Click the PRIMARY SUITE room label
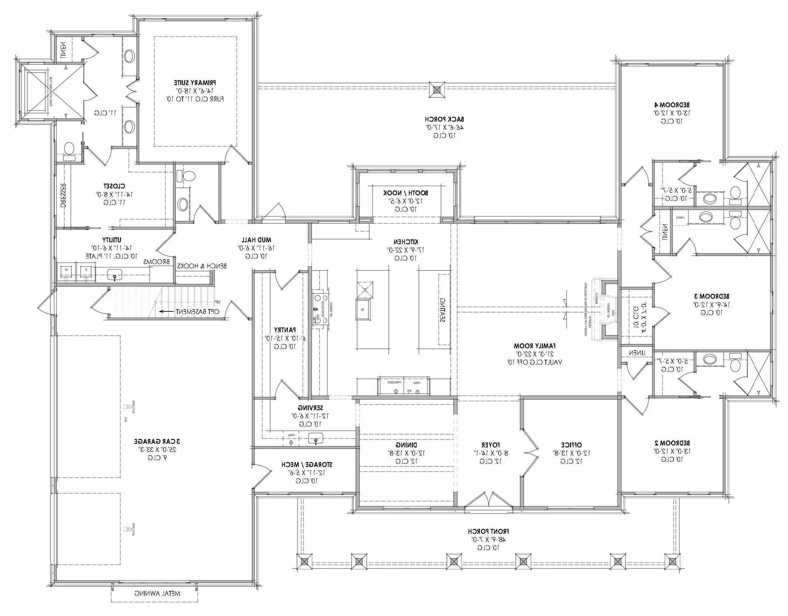click(x=195, y=83)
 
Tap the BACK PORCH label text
click(x=444, y=119)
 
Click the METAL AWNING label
click(x=157, y=593)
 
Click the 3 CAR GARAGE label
click(x=157, y=441)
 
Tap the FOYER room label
click(x=490, y=445)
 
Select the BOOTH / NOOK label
click(x=406, y=193)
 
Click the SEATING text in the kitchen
click(x=442, y=309)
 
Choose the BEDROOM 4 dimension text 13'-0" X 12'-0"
click(x=672, y=113)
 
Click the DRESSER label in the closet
click(x=63, y=195)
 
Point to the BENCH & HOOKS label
click(x=202, y=266)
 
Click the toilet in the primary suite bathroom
click(x=68, y=149)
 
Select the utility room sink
click(x=115, y=275)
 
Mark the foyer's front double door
click(x=488, y=500)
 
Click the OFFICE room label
click(x=571, y=445)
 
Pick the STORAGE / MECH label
click(x=307, y=464)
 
